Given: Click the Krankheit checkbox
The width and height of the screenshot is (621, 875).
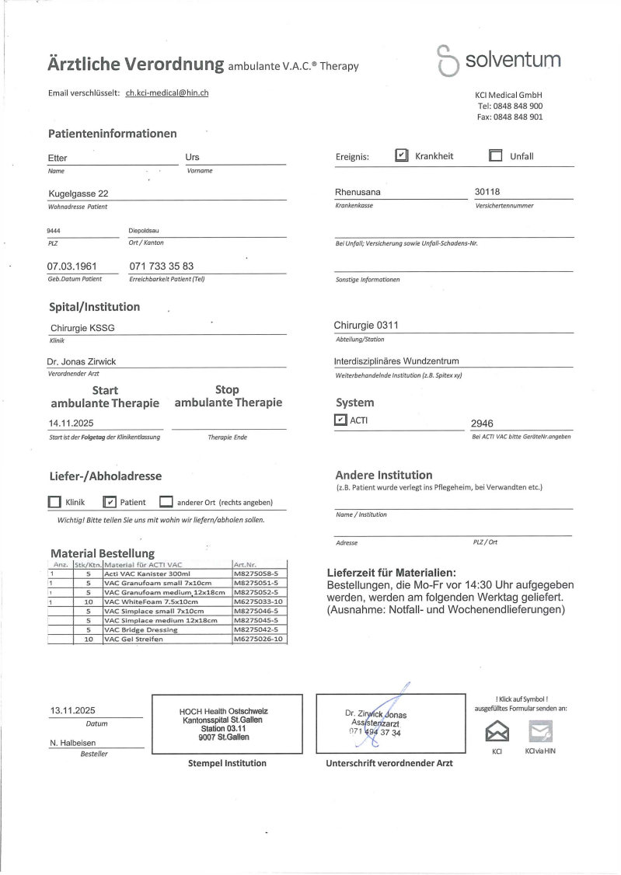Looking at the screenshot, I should click(402, 155).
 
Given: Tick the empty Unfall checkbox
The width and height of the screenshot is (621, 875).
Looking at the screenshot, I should click(496, 155).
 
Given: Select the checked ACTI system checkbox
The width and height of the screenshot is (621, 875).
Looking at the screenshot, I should click(340, 420).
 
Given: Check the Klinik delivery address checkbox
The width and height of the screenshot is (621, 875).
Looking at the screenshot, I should click(54, 502).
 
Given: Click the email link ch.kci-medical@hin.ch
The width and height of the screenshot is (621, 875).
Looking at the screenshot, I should click(167, 92).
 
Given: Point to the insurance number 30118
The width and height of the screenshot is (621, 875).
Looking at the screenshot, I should click(490, 192).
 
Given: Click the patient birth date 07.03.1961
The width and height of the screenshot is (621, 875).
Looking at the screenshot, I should click(72, 266).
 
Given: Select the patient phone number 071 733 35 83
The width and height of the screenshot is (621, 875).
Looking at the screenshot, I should click(162, 266).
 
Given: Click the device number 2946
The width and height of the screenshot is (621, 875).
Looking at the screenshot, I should click(483, 424).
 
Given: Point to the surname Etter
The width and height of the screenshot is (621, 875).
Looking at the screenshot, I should click(58, 158).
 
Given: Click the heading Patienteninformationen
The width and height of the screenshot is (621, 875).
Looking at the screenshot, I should click(112, 134).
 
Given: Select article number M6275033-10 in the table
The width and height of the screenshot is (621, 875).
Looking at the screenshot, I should click(259, 601).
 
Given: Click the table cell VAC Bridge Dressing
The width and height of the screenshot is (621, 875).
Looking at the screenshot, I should click(140, 629).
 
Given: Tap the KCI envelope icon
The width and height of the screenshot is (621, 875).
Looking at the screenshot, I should click(496, 731).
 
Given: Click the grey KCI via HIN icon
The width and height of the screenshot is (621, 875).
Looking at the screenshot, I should click(540, 731).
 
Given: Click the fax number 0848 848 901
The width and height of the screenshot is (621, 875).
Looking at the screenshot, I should click(510, 117).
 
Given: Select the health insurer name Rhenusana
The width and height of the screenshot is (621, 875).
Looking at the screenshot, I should click(358, 192).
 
